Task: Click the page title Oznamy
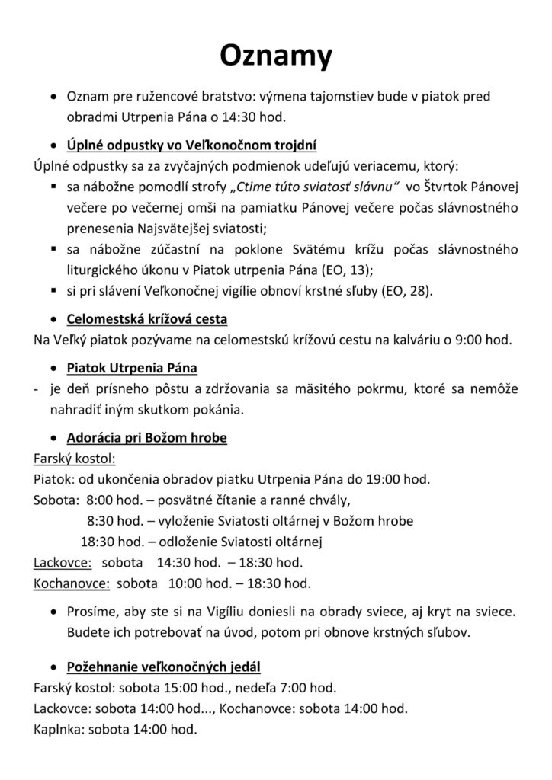tap(276, 56)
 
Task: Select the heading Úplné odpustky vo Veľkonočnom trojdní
tap(191, 145)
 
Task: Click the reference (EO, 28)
tap(410, 290)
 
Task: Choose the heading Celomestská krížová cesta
tap(147, 318)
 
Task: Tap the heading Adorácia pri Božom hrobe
tap(147, 439)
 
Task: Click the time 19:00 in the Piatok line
tap(377, 481)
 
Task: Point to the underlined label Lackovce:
tap(63, 564)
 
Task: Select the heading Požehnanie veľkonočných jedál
tap(165, 667)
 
